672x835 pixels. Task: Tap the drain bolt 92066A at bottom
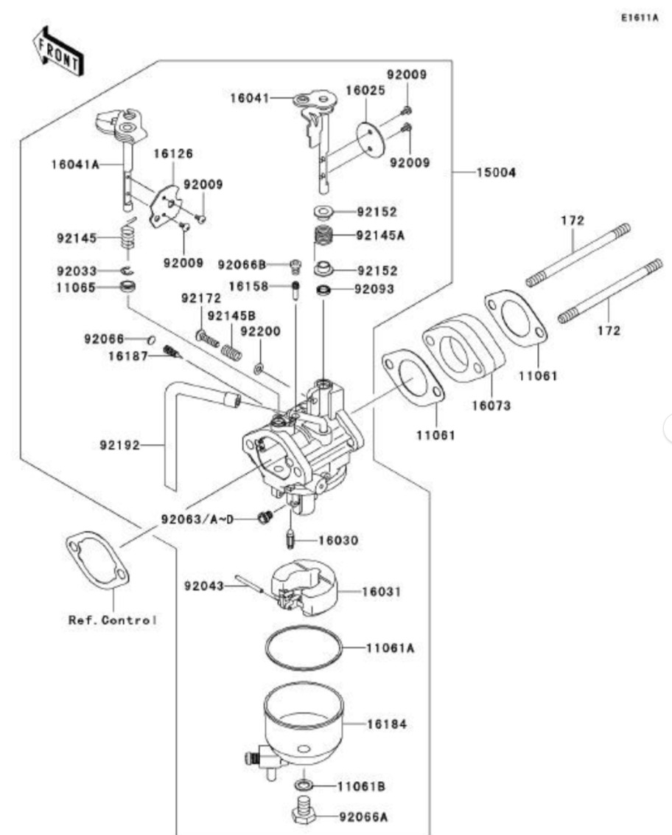304,814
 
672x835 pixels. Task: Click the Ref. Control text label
112,620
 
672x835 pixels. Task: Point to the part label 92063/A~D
195,518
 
